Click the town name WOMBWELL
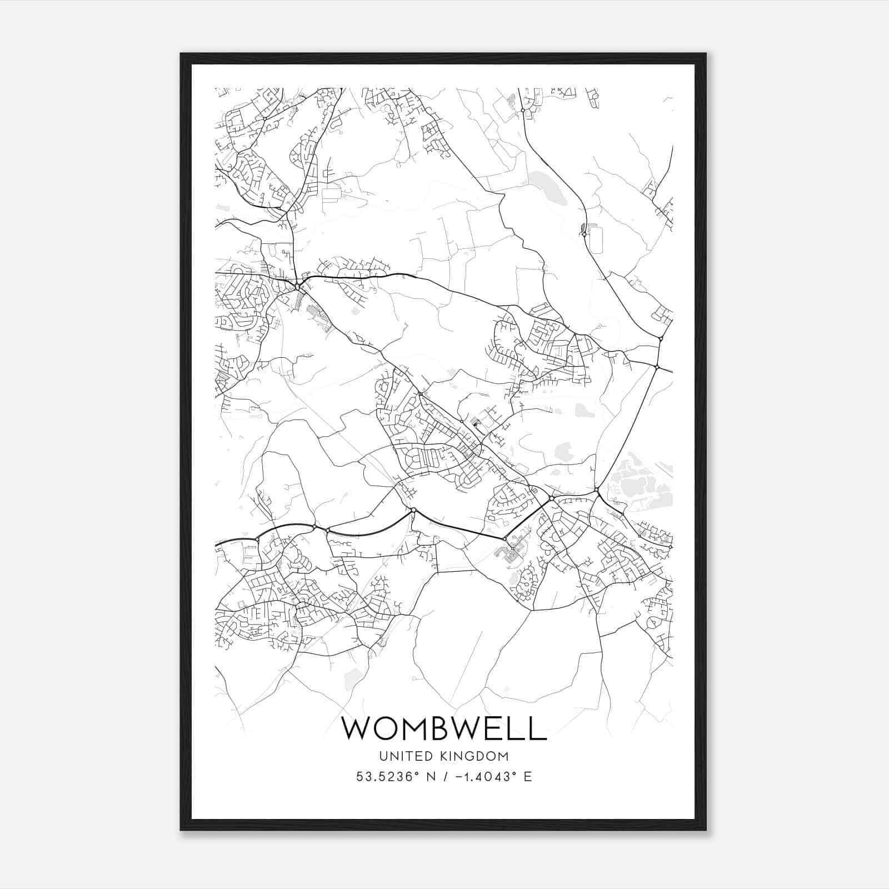point(444,728)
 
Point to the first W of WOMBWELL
point(354,728)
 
